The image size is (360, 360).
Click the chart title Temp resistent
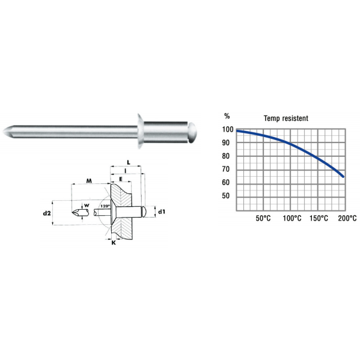pos(286,118)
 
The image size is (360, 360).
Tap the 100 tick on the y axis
pos(227,130)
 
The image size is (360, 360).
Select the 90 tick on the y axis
pos(227,143)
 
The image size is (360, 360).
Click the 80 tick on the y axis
pos(227,156)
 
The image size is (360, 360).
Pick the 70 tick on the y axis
pos(227,169)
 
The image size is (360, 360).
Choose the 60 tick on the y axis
pos(227,183)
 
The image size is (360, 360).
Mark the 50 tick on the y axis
pos(227,196)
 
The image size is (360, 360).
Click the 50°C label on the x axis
pos(264,219)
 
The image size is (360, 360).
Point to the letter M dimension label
pos(88,180)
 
